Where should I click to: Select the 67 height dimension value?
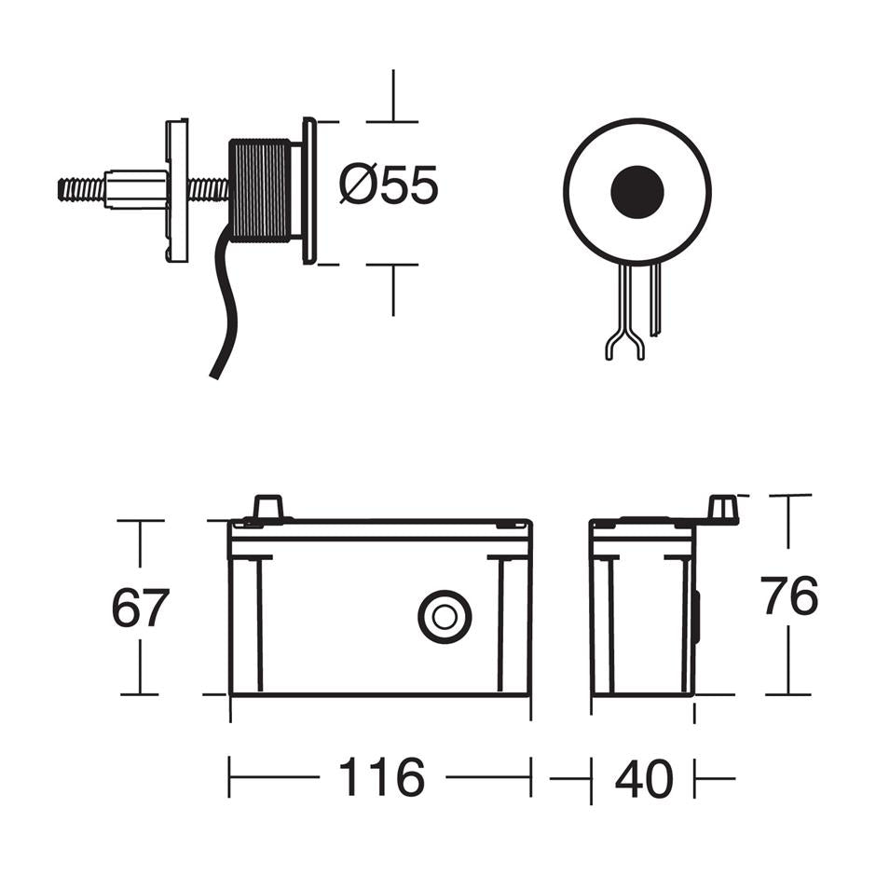(x=140, y=609)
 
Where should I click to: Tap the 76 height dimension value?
(x=788, y=597)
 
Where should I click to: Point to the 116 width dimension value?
(x=381, y=777)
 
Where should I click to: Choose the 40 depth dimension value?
(x=643, y=778)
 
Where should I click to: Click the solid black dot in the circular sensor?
(x=637, y=191)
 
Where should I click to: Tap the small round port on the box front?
(x=445, y=617)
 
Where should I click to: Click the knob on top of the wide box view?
(x=267, y=507)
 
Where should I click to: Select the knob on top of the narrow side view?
(x=722, y=509)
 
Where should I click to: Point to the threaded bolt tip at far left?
(x=78, y=189)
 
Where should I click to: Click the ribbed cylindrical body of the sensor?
(x=260, y=190)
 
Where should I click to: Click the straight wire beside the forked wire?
(x=656, y=298)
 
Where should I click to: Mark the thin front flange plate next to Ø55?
(x=309, y=190)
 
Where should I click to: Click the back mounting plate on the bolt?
(x=177, y=190)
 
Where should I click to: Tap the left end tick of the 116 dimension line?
(x=229, y=777)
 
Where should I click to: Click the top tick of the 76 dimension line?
(x=788, y=496)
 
